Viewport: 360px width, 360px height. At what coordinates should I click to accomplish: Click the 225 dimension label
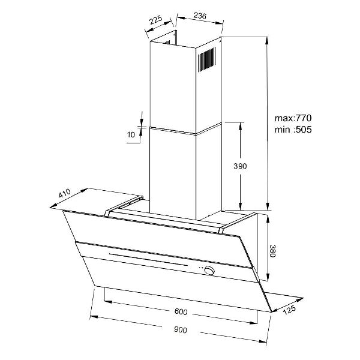(x=155, y=20)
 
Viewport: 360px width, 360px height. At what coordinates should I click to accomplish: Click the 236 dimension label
(x=200, y=16)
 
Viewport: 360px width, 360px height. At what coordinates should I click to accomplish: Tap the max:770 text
(x=293, y=118)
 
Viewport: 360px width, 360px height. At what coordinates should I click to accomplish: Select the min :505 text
(x=293, y=130)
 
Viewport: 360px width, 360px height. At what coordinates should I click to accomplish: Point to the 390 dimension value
(x=240, y=166)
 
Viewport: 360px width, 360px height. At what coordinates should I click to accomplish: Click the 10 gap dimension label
(x=131, y=134)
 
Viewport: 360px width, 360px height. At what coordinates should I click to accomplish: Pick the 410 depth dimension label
(x=65, y=193)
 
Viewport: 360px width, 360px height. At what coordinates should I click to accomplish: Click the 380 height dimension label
(x=272, y=251)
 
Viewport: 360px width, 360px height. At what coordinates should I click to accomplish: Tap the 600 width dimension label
(x=181, y=311)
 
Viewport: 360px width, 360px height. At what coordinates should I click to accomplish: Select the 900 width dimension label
(x=181, y=330)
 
